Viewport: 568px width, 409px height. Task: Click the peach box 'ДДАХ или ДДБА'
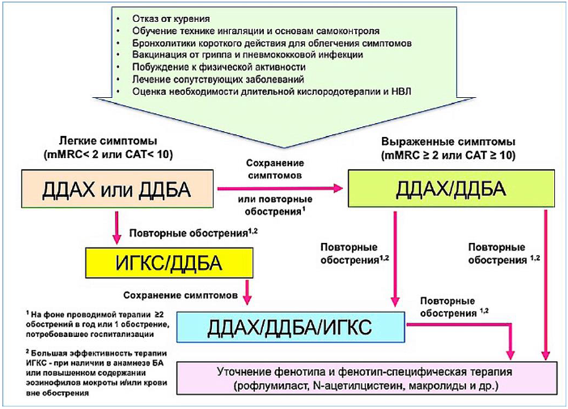[x=117, y=189]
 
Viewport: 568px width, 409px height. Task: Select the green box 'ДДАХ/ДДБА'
[x=451, y=189]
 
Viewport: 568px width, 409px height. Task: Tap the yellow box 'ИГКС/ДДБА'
[x=169, y=263]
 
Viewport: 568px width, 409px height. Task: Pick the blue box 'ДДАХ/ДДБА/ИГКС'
[x=290, y=327]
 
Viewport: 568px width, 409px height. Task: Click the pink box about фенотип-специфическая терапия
[x=367, y=378]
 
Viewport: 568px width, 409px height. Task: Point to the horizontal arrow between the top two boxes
[x=280, y=188]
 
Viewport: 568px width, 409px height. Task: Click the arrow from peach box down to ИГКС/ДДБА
[x=117, y=228]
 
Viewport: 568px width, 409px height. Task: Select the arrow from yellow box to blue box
[x=247, y=292]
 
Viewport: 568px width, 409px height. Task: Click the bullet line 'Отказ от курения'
[x=171, y=19]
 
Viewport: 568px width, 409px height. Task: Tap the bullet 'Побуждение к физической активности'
[x=218, y=67]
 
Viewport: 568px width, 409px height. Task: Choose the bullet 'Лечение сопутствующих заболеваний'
[x=218, y=79]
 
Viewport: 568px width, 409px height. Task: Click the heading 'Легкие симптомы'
[x=108, y=141]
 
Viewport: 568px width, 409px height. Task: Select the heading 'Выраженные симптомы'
[x=448, y=142]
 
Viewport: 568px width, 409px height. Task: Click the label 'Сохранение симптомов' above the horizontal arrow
[x=275, y=169]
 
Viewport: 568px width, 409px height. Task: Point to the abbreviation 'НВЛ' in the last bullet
[x=401, y=92]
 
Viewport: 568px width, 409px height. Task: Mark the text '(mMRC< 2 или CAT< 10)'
[x=108, y=155]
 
